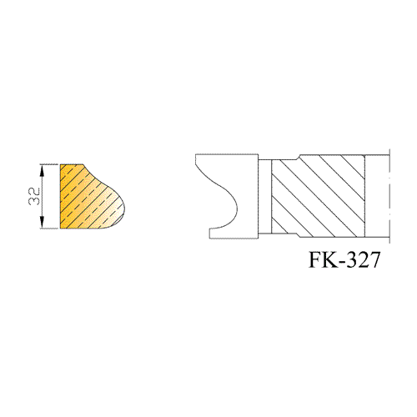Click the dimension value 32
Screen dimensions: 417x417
pos(34,197)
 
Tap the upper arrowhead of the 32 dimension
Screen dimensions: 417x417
pos(42,170)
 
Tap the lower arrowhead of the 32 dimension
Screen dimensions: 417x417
pos(42,223)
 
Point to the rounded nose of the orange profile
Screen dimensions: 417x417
pos(123,207)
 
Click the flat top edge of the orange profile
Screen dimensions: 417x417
pos(72,164)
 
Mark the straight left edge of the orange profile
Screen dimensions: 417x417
pos(60,197)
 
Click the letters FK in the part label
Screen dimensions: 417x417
pos(323,259)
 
